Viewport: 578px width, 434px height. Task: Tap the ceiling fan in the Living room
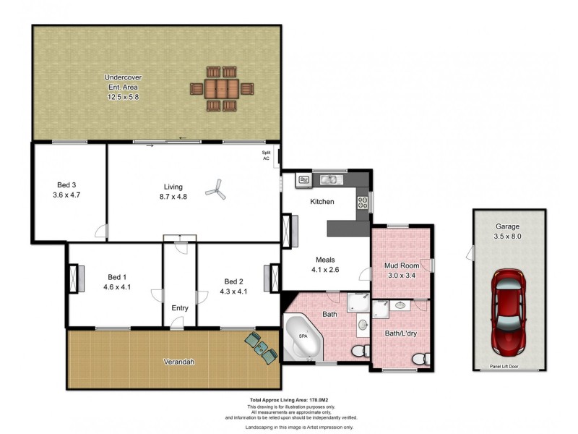[215, 191]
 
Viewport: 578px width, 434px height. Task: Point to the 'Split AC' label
[266, 156]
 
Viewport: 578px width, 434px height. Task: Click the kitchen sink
[329, 179]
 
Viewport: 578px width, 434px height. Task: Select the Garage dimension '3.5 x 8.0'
[507, 235]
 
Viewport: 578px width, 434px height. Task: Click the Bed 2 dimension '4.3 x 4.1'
[233, 292]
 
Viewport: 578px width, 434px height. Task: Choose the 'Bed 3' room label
[65, 184]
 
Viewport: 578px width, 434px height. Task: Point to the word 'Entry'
[180, 308]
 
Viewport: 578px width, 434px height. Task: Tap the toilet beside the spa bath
[358, 352]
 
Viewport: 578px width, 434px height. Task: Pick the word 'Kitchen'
[322, 202]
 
